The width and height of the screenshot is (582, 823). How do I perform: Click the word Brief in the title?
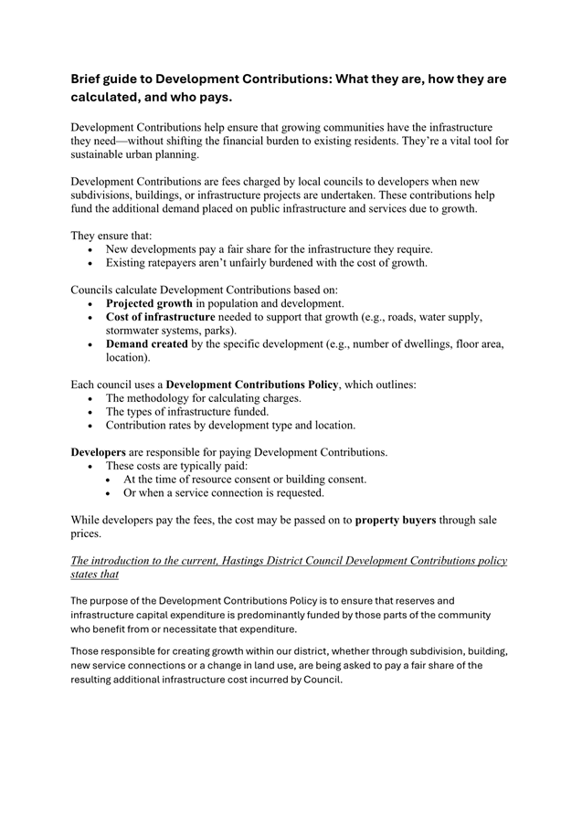point(90,79)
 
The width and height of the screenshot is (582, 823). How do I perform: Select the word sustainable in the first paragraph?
point(102,155)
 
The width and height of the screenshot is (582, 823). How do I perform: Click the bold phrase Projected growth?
point(149,303)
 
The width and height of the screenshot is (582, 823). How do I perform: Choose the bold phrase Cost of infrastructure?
point(161,317)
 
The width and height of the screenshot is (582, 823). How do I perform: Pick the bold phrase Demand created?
point(147,344)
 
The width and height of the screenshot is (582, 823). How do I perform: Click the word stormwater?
point(137,331)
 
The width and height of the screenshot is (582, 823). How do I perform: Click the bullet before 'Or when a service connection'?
point(110,493)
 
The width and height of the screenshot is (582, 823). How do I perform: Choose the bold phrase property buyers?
point(396,520)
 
